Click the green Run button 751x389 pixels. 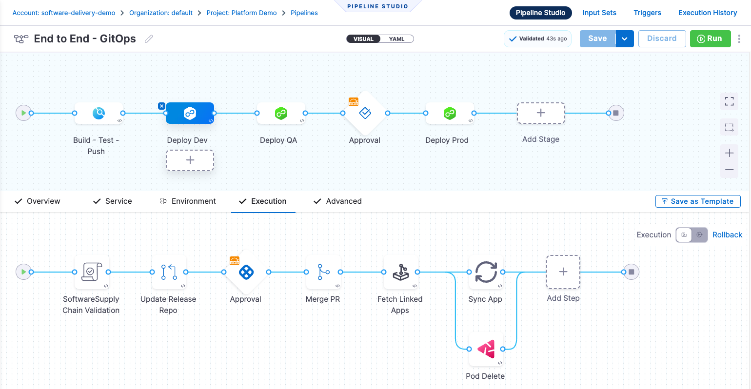(x=710, y=39)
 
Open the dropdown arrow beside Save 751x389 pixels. (x=625, y=39)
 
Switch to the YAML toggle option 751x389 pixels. (x=396, y=39)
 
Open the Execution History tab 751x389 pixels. (x=707, y=13)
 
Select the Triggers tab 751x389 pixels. (x=647, y=13)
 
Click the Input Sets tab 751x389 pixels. (x=599, y=13)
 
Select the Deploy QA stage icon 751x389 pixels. (x=281, y=113)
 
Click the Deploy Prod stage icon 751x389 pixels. (x=450, y=113)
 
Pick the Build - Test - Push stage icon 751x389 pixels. (x=99, y=113)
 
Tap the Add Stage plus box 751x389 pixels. (x=540, y=113)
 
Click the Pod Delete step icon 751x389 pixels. (x=486, y=349)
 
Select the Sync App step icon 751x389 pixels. (x=486, y=272)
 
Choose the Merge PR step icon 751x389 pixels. (x=323, y=272)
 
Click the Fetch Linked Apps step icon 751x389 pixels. (x=401, y=272)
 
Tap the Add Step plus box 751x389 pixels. (x=563, y=272)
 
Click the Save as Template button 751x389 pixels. (x=697, y=201)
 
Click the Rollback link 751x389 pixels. (x=727, y=235)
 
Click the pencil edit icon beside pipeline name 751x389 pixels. (x=149, y=39)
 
